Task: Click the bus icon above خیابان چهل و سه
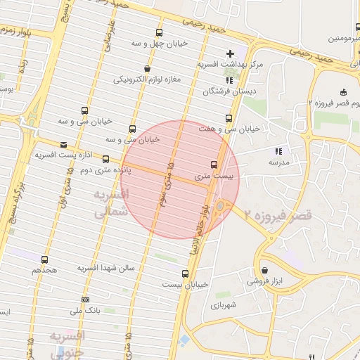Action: [x=159, y=32]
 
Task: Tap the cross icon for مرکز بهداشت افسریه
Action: [x=230, y=53]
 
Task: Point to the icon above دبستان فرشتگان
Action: [x=230, y=80]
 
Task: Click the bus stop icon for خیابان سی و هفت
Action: [x=228, y=118]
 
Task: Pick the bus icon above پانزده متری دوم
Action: [x=106, y=159]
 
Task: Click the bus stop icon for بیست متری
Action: [x=214, y=165]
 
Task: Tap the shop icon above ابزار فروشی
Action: [x=264, y=270]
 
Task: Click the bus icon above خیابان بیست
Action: [x=186, y=274]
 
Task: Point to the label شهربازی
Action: [x=224, y=306]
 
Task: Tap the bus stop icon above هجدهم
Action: [x=45, y=259]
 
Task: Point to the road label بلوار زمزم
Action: [x=18, y=32]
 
